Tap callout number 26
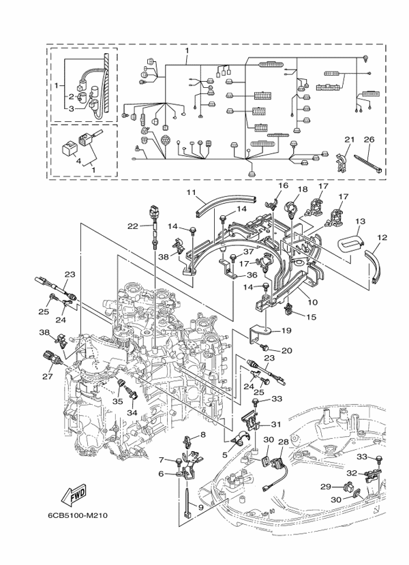tap(369, 140)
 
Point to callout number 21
tap(348, 140)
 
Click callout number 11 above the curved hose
tap(192, 193)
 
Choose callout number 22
tap(133, 226)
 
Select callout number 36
tap(251, 275)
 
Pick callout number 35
tap(117, 402)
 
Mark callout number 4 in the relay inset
tap(78, 160)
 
